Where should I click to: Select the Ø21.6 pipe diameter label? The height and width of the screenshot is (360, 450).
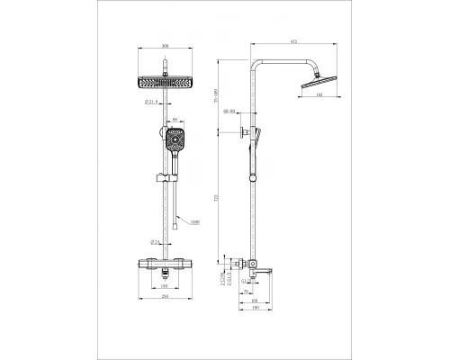pyautogui.click(x=152, y=102)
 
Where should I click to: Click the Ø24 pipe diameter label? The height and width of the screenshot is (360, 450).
pyautogui.click(x=156, y=242)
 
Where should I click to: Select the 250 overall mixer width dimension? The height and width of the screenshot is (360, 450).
pyautogui.click(x=166, y=296)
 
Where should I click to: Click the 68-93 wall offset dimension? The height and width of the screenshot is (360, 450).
pyautogui.click(x=232, y=112)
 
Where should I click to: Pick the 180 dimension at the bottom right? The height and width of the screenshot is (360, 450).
pyautogui.click(x=256, y=308)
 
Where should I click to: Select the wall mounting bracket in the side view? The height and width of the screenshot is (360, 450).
pyautogui.click(x=245, y=135)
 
